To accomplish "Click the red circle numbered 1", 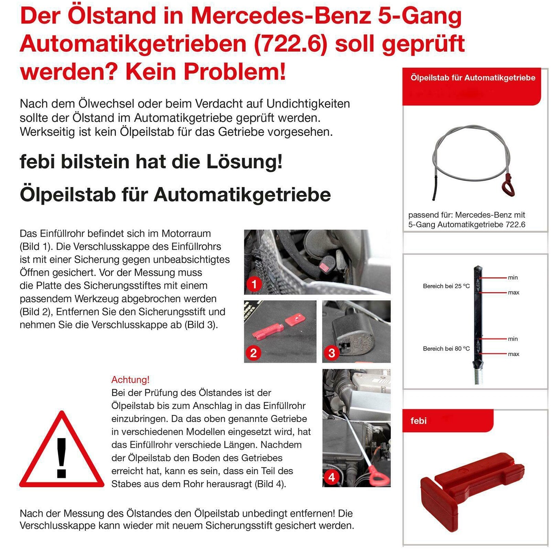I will pyautogui.click(x=254, y=284).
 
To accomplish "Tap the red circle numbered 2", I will pyautogui.click(x=253, y=353).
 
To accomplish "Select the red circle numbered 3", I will pyautogui.click(x=332, y=353).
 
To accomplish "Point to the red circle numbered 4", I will pyautogui.click(x=332, y=477).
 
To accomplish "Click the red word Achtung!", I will pyautogui.click(x=130, y=380).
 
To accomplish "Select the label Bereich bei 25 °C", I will pyautogui.click(x=446, y=286).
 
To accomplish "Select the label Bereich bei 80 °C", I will pyautogui.click(x=446, y=349).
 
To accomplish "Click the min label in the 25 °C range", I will pyautogui.click(x=512, y=278).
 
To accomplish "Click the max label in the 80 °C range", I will pyautogui.click(x=513, y=354).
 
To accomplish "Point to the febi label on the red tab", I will pyautogui.click(x=418, y=420).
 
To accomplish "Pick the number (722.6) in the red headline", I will pyautogui.click(x=290, y=44).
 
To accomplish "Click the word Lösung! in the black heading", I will pyautogui.click(x=245, y=162).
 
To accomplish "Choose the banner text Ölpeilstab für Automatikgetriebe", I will pyautogui.click(x=472, y=78).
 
